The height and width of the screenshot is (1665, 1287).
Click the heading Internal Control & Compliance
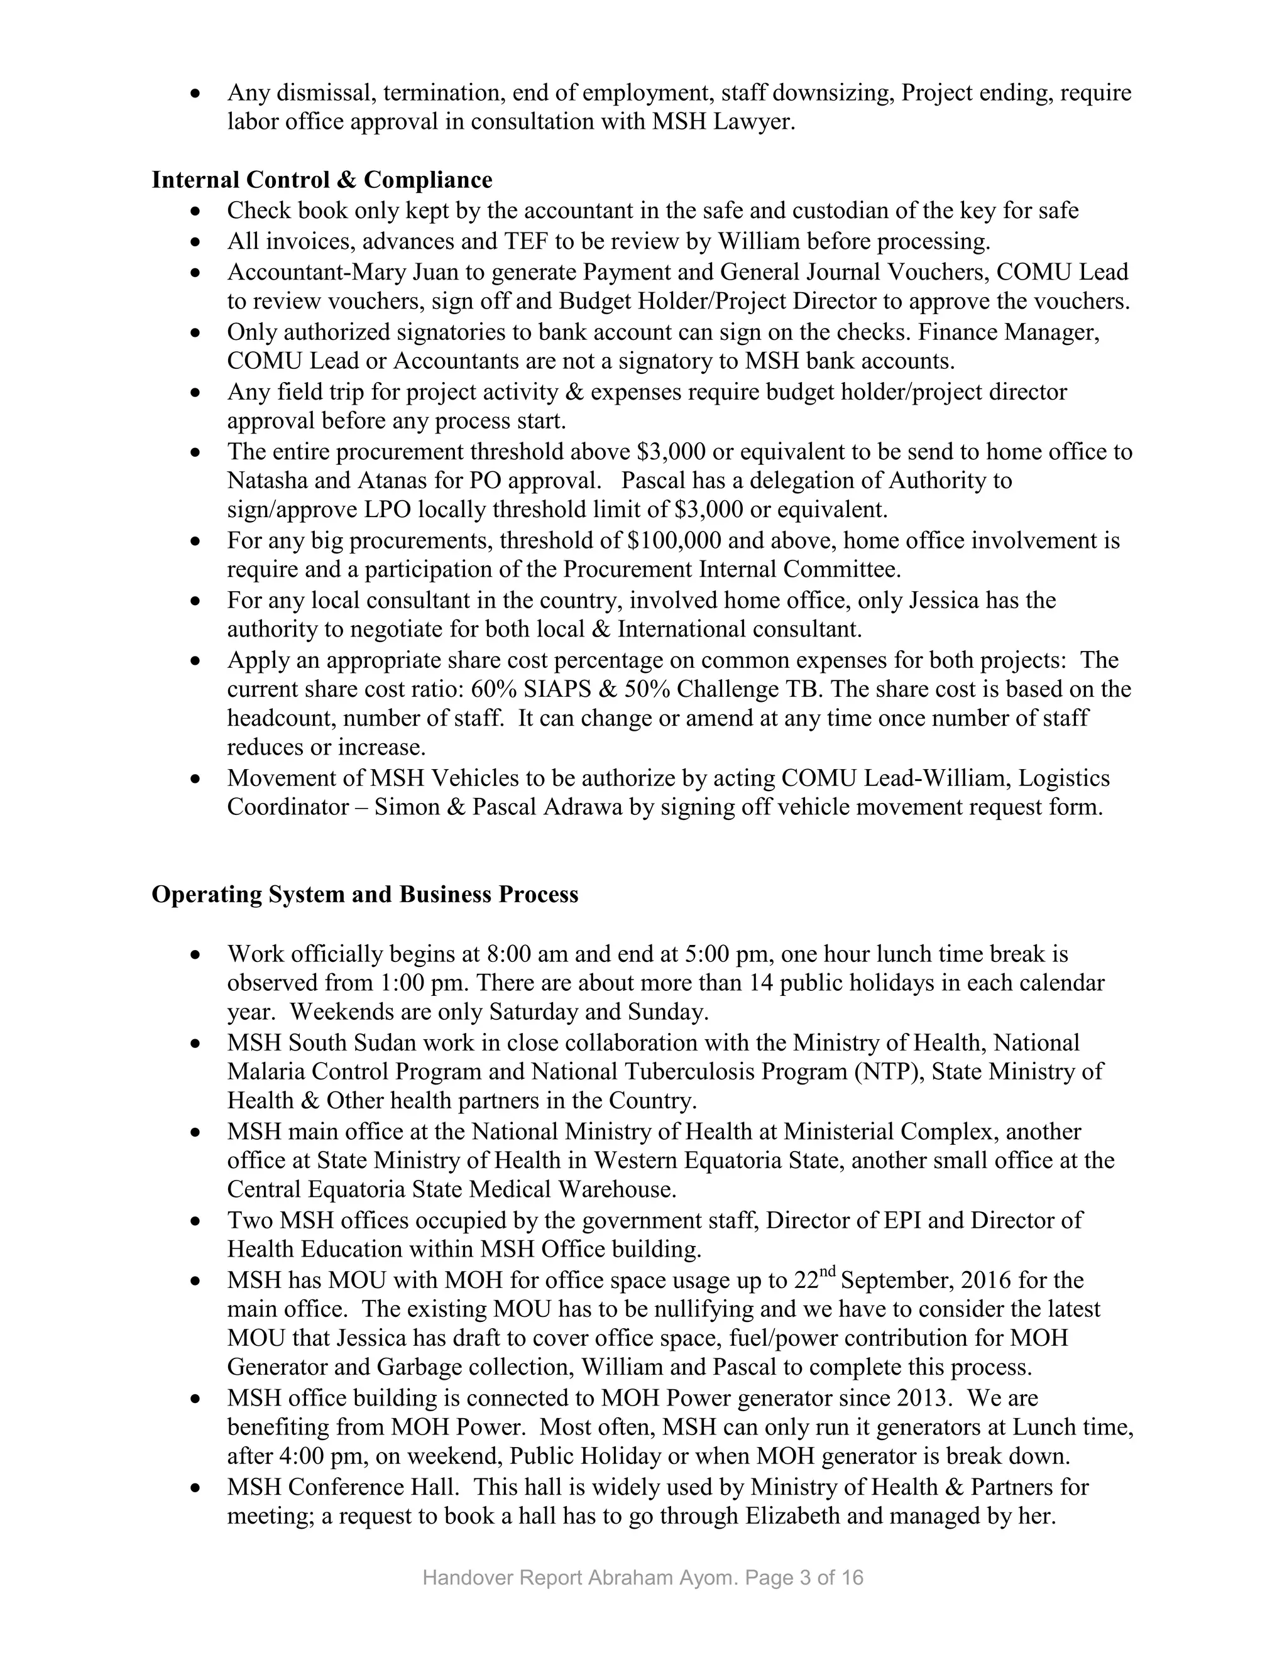click(322, 180)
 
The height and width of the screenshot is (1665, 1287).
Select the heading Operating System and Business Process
click(364, 894)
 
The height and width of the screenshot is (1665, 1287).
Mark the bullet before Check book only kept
click(197, 211)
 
